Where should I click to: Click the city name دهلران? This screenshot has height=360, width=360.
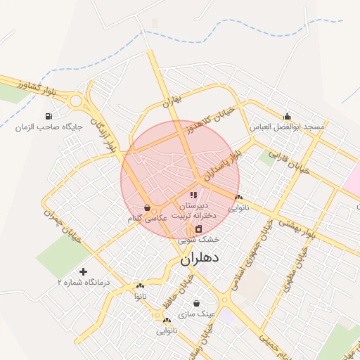coord(200,258)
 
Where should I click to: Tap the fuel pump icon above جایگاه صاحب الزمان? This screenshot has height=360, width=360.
coord(48,117)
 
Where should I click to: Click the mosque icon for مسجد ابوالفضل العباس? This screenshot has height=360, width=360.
coord(287,117)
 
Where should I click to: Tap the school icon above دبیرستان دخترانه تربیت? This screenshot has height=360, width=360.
coord(193,195)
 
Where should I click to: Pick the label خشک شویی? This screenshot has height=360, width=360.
coord(198,240)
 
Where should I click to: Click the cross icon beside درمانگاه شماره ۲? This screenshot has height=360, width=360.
coord(84,271)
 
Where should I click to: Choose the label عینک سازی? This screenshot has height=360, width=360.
coord(196,314)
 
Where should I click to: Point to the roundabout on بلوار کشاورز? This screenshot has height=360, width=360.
coord(76,101)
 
